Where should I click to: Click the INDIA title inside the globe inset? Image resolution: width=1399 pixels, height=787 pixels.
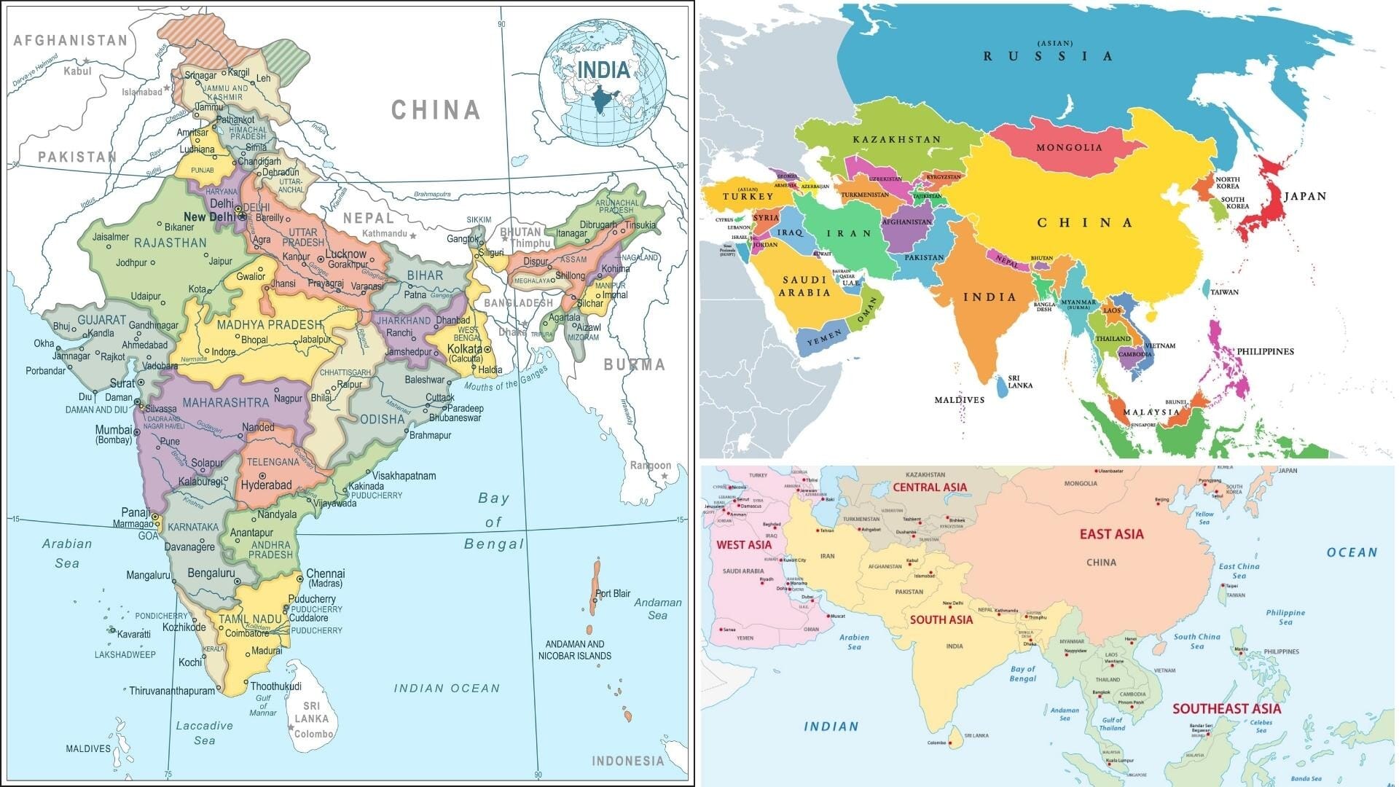(603, 70)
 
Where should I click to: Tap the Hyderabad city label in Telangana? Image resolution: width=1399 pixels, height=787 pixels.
(266, 485)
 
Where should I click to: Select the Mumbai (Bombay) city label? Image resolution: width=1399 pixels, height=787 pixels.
(114, 434)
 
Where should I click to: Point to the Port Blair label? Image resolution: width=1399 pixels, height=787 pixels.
(613, 593)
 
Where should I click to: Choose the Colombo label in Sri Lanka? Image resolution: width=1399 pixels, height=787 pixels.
(314, 734)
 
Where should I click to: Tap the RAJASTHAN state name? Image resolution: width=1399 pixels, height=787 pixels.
(170, 243)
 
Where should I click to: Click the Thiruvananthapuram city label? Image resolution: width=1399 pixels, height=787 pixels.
(172, 691)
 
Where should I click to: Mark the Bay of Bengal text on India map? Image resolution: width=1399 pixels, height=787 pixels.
(494, 522)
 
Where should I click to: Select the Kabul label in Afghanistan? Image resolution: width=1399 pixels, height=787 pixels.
(77, 71)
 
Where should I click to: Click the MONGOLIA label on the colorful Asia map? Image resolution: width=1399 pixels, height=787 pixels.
(1069, 147)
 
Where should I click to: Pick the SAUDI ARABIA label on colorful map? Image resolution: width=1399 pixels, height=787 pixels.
(804, 286)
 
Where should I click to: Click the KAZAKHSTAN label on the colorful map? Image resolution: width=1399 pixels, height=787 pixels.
(897, 139)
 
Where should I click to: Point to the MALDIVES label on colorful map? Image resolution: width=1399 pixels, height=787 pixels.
(959, 400)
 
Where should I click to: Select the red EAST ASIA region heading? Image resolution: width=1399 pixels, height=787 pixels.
(1111, 534)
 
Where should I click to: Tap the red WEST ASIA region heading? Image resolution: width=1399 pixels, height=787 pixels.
(743, 545)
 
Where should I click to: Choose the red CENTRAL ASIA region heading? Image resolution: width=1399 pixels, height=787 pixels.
(930, 488)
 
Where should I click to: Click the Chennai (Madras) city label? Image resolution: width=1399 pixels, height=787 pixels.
(325, 578)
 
